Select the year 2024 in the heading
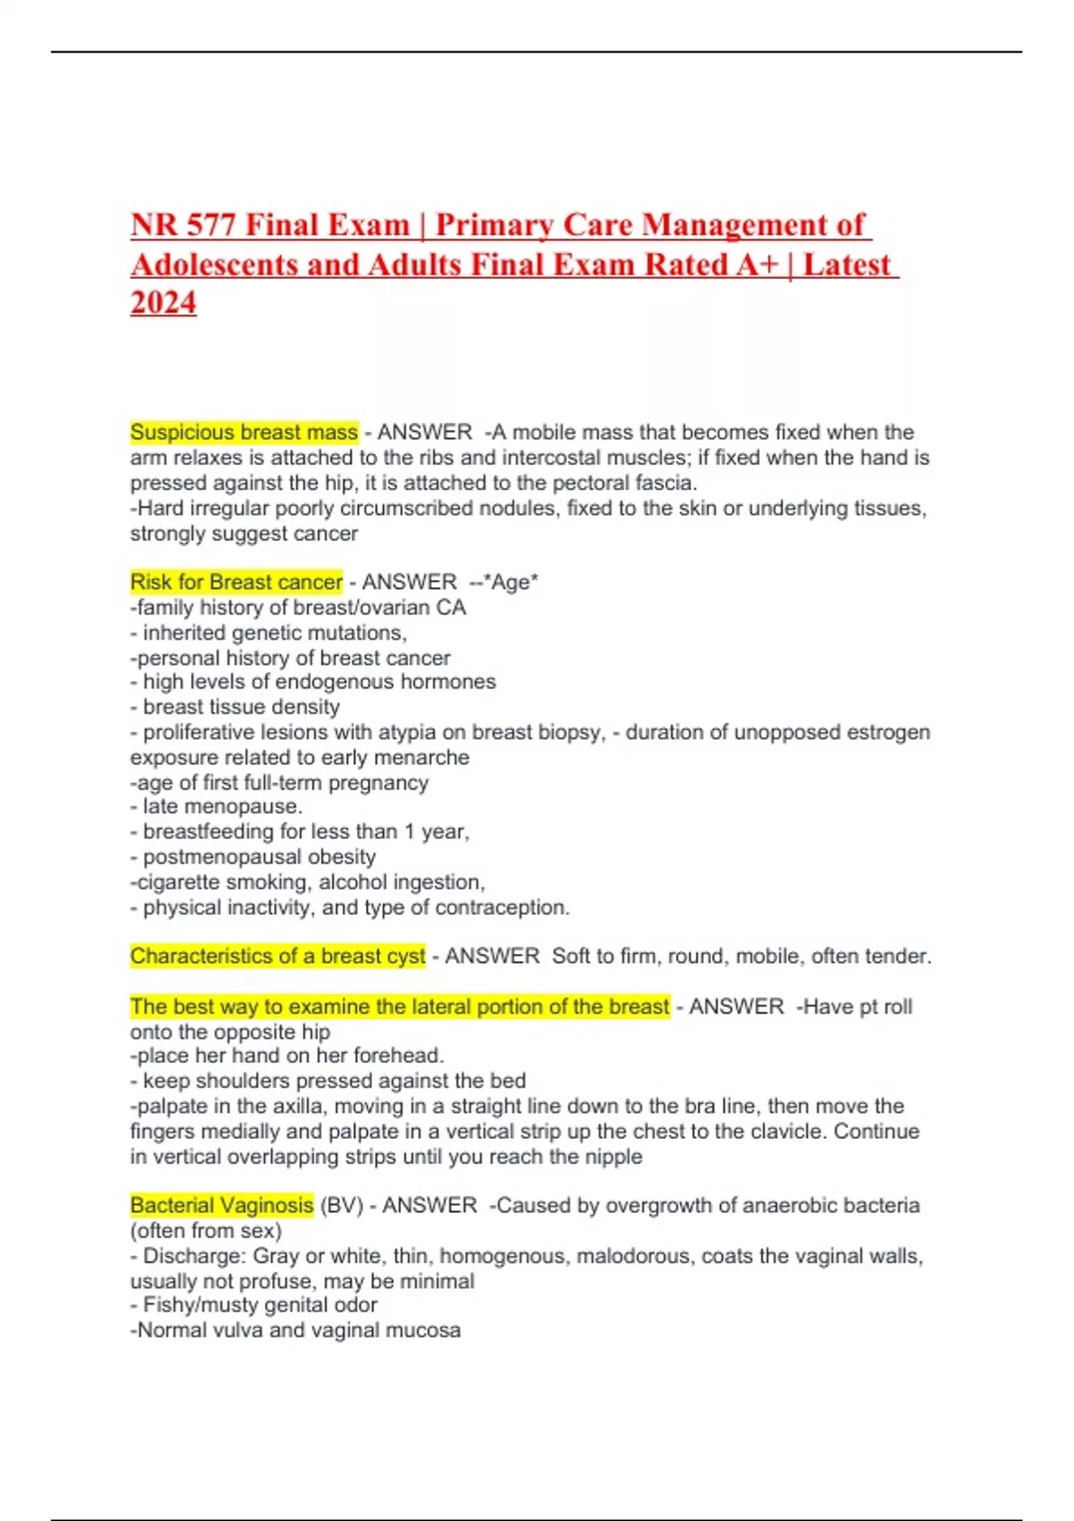coord(163,302)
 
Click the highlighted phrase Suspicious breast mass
coord(243,432)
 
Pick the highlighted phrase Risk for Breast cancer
coord(236,582)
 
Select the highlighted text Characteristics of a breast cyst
coord(277,956)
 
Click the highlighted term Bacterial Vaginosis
coord(221,1205)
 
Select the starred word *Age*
coord(510,582)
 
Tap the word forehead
coord(401,1056)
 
